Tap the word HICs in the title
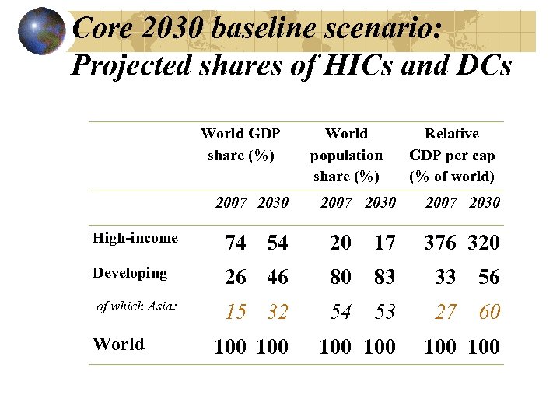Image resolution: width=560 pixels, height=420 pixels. [x=353, y=65]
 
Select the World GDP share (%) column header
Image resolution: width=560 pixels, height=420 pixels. [x=240, y=145]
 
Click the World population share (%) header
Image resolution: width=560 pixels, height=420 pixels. [x=346, y=156]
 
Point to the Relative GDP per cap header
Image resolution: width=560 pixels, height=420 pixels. [x=452, y=156]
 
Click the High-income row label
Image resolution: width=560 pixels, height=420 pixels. [x=135, y=238]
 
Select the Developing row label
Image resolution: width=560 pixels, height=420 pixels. [x=130, y=273]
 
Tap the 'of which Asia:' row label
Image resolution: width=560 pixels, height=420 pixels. [x=137, y=306]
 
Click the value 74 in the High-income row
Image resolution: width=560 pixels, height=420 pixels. [x=236, y=243]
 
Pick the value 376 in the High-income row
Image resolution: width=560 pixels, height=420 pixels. [x=440, y=243]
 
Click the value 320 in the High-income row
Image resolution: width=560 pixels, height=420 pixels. [x=484, y=243]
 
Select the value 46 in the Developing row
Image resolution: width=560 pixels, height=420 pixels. [x=278, y=278]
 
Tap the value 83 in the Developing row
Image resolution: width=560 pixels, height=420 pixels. [x=384, y=278]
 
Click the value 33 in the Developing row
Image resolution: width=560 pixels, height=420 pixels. [x=446, y=278]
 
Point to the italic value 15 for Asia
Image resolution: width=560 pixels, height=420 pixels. [x=236, y=313]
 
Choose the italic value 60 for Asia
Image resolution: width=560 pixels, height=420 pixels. [x=489, y=313]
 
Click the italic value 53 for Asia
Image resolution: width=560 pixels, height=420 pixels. [x=384, y=313]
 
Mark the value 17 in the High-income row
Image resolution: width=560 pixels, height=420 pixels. [x=384, y=243]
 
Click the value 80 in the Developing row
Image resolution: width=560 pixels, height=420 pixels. [x=341, y=278]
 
